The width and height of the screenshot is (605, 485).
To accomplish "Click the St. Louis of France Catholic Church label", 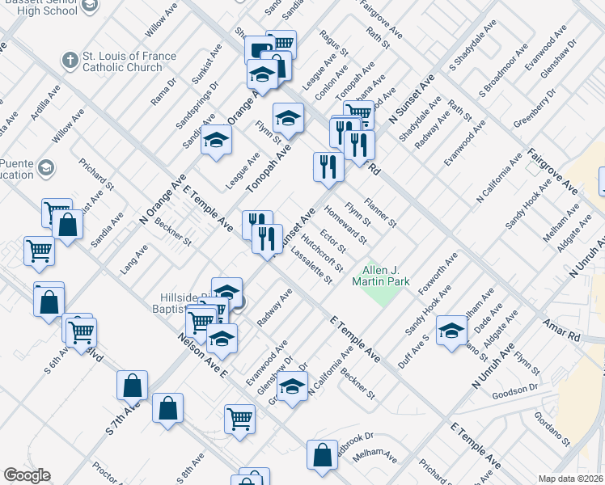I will tap(123, 62).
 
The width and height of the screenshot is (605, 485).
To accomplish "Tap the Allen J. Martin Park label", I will tap(381, 276).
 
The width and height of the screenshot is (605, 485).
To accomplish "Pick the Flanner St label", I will tap(380, 210).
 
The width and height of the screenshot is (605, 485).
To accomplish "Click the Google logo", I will tap(27, 475).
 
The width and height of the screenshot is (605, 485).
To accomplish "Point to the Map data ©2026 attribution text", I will tap(571, 479).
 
